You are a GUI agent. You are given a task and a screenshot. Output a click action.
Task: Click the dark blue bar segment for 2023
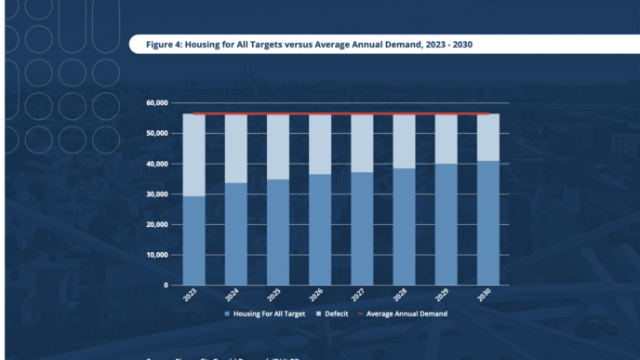(193, 240)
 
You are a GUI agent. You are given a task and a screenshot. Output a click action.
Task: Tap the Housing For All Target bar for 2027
(362, 228)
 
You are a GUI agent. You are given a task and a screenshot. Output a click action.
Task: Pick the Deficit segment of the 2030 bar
(488, 138)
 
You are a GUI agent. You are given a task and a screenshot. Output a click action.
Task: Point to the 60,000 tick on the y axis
(156, 102)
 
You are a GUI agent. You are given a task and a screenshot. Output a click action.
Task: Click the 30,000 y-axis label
(156, 193)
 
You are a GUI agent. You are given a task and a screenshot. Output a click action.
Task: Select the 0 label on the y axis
(165, 285)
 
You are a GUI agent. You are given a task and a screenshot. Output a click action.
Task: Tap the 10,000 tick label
(156, 255)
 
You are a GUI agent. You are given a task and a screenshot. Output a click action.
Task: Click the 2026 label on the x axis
(319, 297)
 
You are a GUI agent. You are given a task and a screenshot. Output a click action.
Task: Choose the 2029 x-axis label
(446, 297)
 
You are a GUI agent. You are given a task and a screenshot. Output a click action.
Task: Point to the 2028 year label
(404, 297)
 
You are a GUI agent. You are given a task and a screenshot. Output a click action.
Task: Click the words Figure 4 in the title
(167, 44)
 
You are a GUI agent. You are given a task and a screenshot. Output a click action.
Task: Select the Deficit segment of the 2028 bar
(404, 141)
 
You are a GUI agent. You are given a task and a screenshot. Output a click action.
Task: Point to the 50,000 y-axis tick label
(156, 133)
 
